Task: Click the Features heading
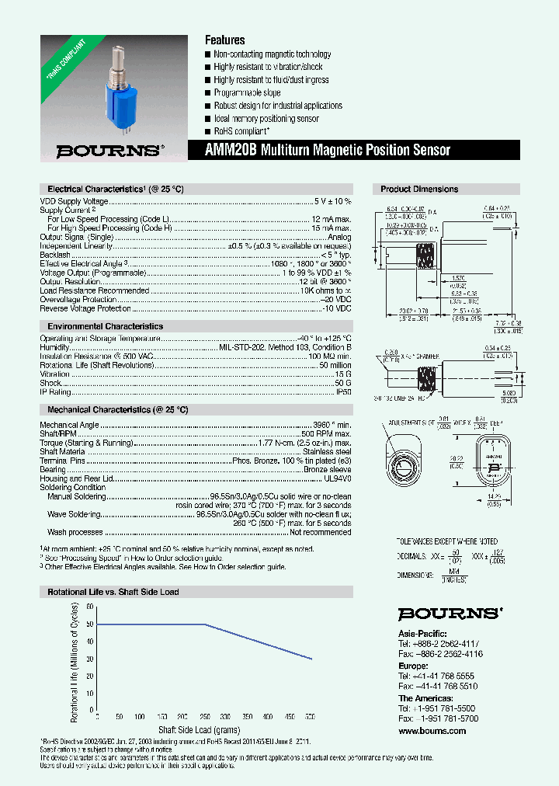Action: tap(224, 40)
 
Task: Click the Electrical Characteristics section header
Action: tap(115, 189)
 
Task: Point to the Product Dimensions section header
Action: tap(419, 189)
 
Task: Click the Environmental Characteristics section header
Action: tap(105, 326)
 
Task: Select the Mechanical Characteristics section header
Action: tap(117, 409)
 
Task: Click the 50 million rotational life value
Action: tap(335, 365)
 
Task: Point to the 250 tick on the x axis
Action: tap(203, 716)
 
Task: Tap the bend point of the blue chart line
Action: tap(205, 624)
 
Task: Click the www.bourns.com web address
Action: tap(432, 731)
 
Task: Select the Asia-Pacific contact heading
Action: tap(421, 633)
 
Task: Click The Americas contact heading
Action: tap(425, 698)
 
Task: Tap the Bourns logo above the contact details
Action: tap(450, 614)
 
